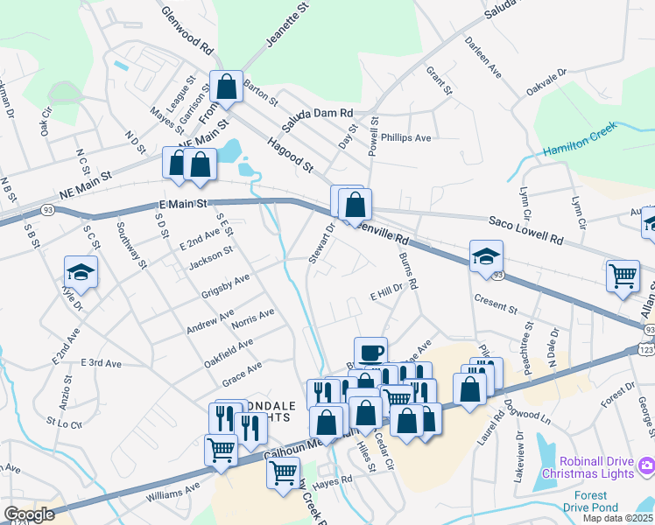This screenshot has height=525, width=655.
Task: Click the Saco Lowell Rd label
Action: click(524, 231)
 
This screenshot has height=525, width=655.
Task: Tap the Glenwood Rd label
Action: click(187, 27)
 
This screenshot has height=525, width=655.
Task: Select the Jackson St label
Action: click(210, 255)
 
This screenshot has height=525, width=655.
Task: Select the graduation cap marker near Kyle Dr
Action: click(81, 271)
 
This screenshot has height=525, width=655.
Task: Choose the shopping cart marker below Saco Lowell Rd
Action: click(623, 275)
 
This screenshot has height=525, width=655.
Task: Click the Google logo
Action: click(30, 514)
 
